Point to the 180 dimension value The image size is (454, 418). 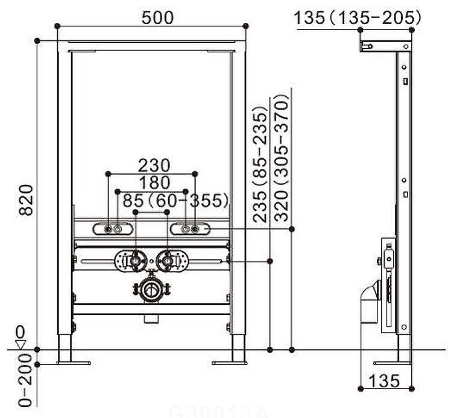pyautogui.click(x=154, y=182)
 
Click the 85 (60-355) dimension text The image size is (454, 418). pyautogui.click(x=175, y=199)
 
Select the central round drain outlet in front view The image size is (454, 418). pyautogui.click(x=151, y=291)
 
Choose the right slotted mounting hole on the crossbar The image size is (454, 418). pyautogui.click(x=189, y=229)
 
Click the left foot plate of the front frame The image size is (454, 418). pyautogui.click(x=74, y=363)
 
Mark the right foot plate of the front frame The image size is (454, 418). pyautogui.click(x=229, y=363)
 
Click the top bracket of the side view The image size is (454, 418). pyautogui.click(x=386, y=45)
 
